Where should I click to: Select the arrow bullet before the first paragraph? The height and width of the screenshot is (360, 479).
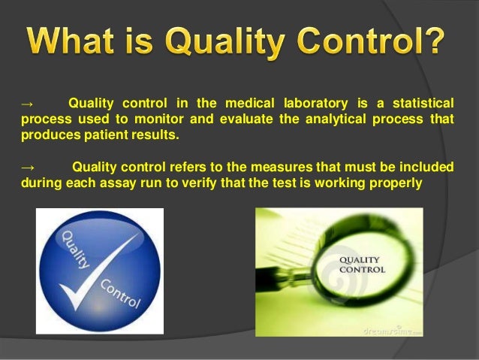[x=28, y=103]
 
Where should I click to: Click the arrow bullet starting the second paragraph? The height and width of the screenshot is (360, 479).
[x=28, y=168]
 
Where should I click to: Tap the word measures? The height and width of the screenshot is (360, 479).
[x=257, y=168]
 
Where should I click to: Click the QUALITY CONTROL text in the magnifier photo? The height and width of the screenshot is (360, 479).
[x=363, y=264]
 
